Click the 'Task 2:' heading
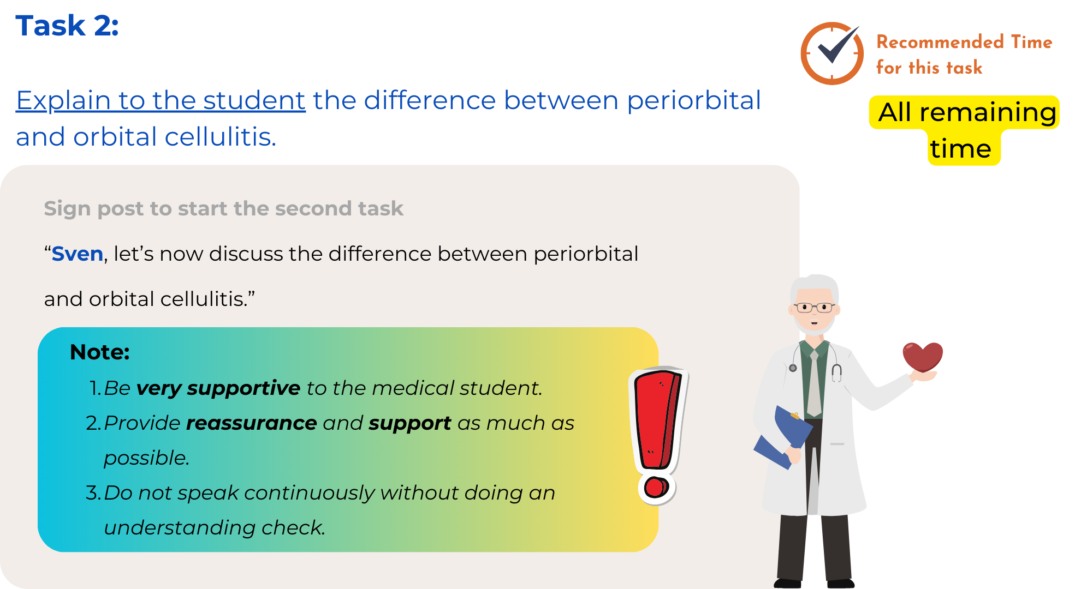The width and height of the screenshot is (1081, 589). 67,26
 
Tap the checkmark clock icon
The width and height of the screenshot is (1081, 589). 831,53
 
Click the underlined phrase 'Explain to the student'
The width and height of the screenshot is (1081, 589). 161,100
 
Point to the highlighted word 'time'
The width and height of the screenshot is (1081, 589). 960,148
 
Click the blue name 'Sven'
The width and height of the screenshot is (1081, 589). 77,254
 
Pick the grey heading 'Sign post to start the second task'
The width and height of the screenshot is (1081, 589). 223,208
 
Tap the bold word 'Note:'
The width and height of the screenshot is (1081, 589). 100,352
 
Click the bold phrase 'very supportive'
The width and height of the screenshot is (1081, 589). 218,388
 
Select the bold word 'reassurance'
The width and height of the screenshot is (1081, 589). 251,423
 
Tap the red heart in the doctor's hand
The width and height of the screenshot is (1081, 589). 923,357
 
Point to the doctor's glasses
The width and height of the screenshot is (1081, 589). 814,308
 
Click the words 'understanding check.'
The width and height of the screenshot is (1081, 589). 215,528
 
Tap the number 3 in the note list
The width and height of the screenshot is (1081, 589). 92,493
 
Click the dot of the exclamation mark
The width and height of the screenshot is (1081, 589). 656,487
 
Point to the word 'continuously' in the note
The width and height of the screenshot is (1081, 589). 309,493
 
